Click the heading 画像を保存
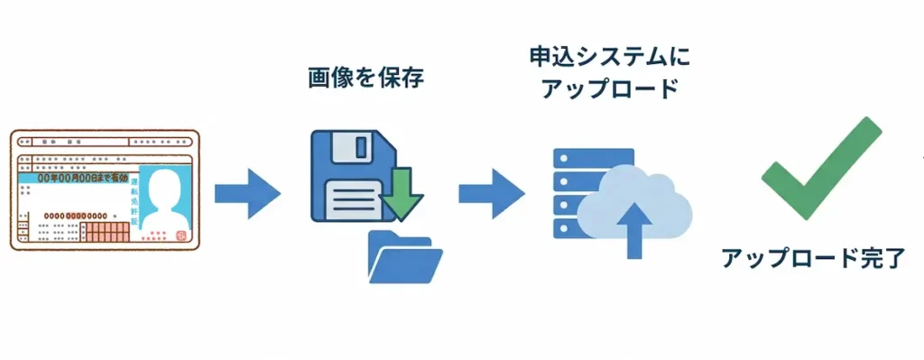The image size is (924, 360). (365, 78)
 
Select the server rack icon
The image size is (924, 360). (577, 193)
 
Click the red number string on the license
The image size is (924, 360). (85, 216)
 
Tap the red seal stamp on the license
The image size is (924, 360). (179, 237)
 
